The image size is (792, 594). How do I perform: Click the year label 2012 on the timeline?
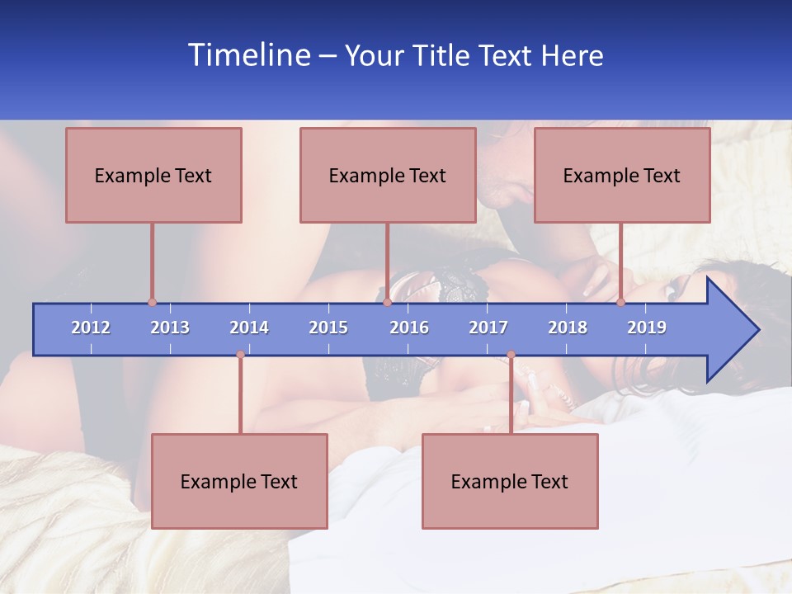coord(91,328)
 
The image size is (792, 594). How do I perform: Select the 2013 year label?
coord(170,328)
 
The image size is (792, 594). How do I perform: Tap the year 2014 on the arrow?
coord(249,328)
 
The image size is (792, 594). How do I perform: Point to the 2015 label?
coord(328,328)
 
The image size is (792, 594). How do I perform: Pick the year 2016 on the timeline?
coord(409,328)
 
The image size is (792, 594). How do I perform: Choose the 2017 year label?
coord(488,328)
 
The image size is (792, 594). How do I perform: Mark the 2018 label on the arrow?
coord(568,328)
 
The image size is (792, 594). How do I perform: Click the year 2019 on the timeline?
coord(647,328)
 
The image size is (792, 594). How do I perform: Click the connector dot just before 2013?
coord(152,302)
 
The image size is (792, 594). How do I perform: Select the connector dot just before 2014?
coord(240,355)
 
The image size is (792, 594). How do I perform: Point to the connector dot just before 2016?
coord(387,302)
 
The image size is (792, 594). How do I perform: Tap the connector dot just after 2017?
coord(511,355)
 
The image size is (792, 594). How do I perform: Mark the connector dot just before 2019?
coord(621,302)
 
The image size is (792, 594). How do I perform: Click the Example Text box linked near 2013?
coord(153,175)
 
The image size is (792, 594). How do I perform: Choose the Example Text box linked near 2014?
coord(239,481)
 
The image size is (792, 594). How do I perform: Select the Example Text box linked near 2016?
coord(388,175)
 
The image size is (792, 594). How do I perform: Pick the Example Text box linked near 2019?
coord(622,175)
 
